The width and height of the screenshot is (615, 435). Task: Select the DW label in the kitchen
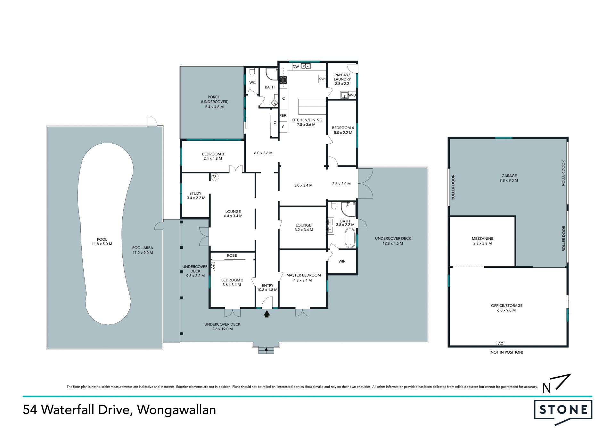pos(296,67)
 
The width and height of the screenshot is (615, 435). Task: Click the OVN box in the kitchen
pos(322,79)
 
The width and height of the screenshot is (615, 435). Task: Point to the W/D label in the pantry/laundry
pos(352,95)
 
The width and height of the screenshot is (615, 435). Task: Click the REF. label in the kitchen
pos(283,115)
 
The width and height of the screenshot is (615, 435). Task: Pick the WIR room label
pos(342,261)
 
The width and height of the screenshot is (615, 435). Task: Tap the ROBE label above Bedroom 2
pos(232,255)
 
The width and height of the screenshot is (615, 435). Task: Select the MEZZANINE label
pos(482,238)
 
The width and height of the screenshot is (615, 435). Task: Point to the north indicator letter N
pos(546,388)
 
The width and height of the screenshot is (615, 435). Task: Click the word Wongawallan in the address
pos(176,410)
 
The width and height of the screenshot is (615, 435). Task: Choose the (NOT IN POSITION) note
pos(506,352)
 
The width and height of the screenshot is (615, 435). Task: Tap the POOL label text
pos(102,239)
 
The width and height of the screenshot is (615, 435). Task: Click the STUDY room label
pos(195,193)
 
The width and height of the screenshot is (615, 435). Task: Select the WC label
pos(252,82)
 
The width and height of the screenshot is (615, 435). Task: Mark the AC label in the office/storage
pos(500,344)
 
